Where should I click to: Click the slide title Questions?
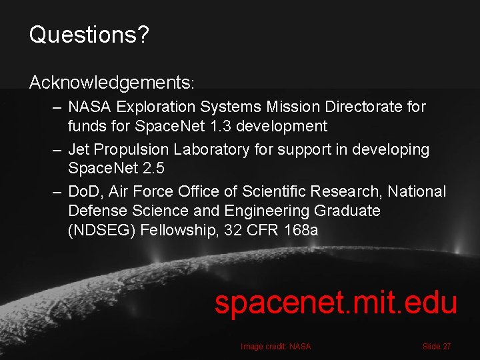(89, 35)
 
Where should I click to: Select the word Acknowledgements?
(109, 83)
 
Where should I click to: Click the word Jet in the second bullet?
(80, 150)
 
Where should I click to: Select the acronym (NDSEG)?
(101, 230)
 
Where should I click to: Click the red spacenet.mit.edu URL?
(335, 303)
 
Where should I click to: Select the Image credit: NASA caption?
(275, 347)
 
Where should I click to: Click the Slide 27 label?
(437, 347)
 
